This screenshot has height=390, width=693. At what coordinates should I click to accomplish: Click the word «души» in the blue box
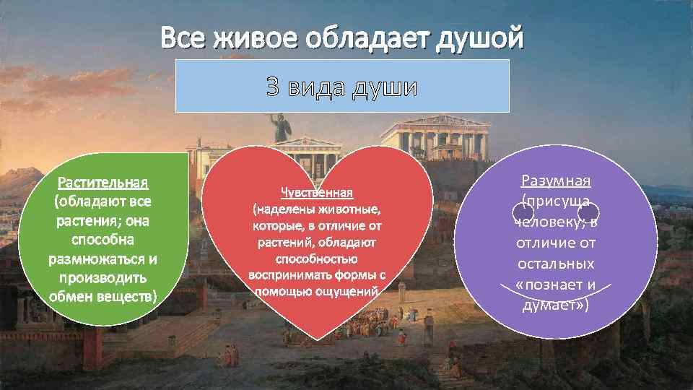(387, 87)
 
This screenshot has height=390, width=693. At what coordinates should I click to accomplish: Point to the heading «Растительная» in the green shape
(103, 181)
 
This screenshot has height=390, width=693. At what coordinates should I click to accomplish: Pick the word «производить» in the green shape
(103, 277)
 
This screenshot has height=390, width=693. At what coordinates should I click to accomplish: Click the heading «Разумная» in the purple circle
(556, 180)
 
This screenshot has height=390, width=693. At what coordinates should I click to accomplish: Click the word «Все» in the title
(181, 36)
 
